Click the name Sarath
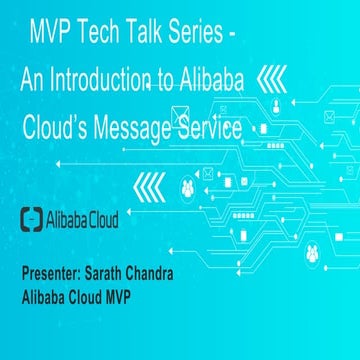(125, 274)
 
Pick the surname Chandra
(182, 274)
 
